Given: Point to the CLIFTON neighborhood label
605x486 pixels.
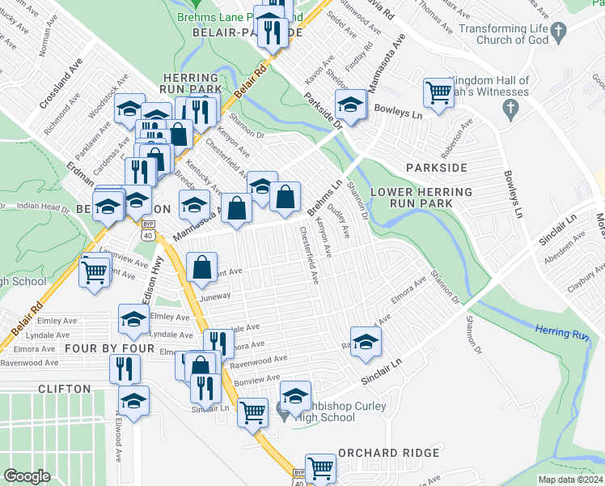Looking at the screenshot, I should coord(64,389).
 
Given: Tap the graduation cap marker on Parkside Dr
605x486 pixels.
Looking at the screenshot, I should coord(350,104).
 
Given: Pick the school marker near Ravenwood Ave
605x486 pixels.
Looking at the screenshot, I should coord(366,341).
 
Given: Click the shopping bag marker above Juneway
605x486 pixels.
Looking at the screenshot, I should coord(201,267).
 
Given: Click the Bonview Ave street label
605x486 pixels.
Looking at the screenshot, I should coord(257,377).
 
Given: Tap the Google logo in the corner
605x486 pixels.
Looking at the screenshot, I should coord(27,476).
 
